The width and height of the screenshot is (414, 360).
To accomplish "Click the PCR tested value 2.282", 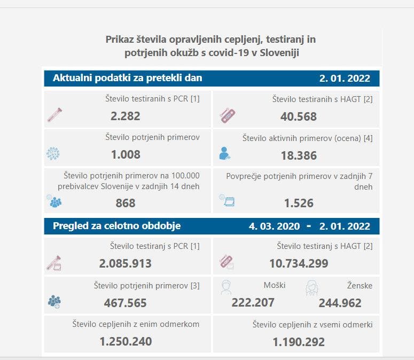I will coord(126,116).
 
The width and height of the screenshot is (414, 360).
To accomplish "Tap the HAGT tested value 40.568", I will coord(299,116).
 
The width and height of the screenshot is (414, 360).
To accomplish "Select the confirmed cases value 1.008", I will coord(126,155).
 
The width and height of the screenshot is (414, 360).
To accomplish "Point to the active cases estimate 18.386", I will coord(299,155).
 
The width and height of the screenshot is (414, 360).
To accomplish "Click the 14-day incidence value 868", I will coord(126,203).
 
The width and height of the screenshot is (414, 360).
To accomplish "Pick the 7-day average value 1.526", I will coord(299,203).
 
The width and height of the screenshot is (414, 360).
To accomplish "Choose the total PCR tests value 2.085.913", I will coord(126,263).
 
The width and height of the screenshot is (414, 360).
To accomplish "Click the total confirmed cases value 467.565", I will coord(126,303).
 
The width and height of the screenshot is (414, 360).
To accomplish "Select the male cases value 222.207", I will coord(253,303).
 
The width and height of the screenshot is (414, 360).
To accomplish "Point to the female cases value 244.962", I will coord(340,303).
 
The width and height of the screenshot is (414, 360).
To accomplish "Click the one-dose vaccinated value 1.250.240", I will coord(126,341).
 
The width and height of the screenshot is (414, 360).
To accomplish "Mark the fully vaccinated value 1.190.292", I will coord(299,342).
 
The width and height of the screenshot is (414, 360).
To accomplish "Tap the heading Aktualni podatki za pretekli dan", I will coord(127,78).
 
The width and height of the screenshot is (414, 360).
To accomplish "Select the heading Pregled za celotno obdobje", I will coord(116,226).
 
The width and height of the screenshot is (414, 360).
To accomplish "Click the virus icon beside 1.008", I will coord(53,154).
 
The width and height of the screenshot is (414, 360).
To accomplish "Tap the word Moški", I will coord(275,285).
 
